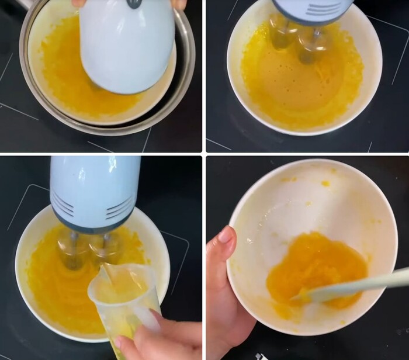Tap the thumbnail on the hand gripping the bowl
(x=226, y=235)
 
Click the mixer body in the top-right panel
(x=313, y=11)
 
